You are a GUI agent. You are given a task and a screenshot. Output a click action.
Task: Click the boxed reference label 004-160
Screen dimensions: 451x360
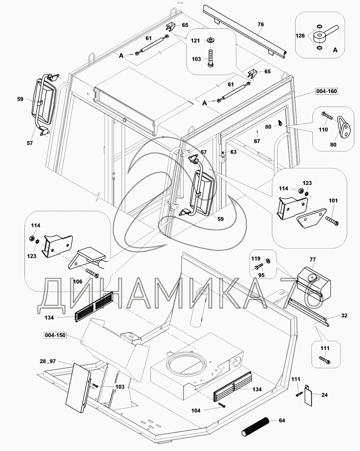coord(326,91)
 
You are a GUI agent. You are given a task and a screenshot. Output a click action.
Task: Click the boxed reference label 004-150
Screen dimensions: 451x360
coord(55,335)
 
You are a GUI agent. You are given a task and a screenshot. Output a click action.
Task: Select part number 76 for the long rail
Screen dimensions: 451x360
coord(261,24)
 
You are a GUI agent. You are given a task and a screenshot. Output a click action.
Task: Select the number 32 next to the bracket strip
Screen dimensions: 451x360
coord(344,316)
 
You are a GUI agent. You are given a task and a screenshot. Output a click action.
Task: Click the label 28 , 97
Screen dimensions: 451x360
coord(48,361)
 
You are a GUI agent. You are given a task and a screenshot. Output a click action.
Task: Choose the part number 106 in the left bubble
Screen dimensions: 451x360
coord(78,282)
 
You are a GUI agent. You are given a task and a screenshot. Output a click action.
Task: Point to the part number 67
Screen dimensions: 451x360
coord(257,141)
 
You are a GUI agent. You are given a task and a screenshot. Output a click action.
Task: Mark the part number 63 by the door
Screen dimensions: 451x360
coord(233,152)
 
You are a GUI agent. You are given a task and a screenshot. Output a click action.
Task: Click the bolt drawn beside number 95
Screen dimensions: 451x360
coord(258,267)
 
